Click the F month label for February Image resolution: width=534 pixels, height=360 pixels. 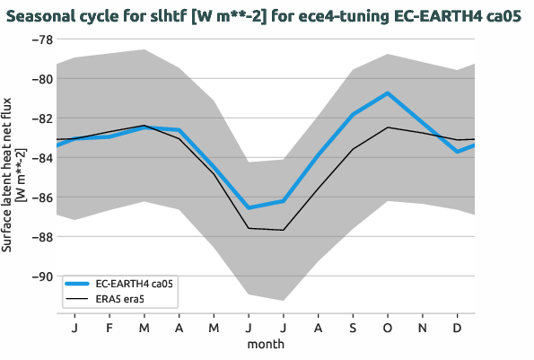[108, 329]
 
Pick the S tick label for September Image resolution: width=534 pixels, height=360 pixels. [353, 329]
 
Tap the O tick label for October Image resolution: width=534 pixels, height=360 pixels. [388, 329]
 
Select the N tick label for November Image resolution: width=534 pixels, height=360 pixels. [423, 329]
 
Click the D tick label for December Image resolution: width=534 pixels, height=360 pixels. [458, 329]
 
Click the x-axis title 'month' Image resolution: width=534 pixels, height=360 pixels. [267, 344]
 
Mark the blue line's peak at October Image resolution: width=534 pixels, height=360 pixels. [388, 93]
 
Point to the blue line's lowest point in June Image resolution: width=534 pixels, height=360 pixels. [248, 208]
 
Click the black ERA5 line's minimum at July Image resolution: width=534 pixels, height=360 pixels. [283, 230]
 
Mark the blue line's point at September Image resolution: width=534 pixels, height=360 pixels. [353, 115]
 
